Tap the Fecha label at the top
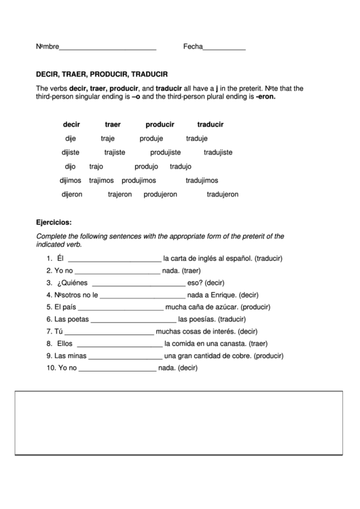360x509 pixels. [x=193, y=48]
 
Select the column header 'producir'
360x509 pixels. [x=160, y=124]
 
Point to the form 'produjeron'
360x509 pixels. [x=160, y=194]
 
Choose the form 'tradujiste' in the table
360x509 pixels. [x=218, y=152]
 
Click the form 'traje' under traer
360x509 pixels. [x=108, y=138]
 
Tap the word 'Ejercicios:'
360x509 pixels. [x=54, y=222]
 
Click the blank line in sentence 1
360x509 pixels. [x=114, y=259]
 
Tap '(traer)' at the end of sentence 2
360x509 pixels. [x=196, y=271]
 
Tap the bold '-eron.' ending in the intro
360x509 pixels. [x=266, y=96]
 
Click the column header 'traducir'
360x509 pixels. [x=211, y=124]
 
